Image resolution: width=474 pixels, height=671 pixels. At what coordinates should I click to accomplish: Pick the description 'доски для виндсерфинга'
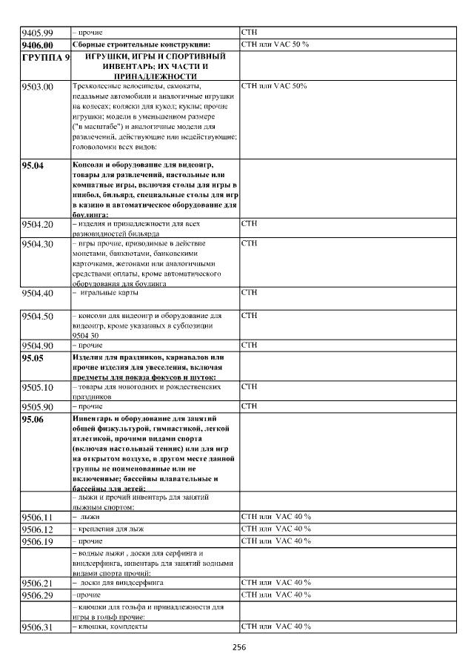118,583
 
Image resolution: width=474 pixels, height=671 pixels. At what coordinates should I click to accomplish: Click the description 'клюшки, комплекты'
109,627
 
